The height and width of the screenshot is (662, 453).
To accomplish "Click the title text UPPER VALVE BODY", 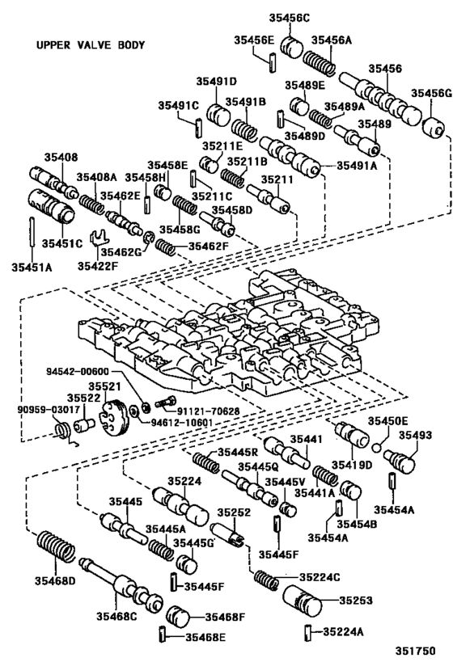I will tap(91, 45).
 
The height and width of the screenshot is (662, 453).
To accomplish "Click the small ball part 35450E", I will tap(376, 444).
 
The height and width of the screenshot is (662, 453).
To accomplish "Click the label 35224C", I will tap(320, 577).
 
